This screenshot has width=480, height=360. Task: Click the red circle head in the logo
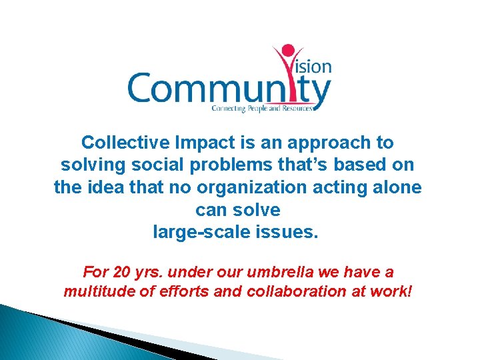pos(288,51)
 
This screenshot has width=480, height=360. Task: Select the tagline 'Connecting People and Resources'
pos(261,107)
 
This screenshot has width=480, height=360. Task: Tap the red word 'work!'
pos(393,291)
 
